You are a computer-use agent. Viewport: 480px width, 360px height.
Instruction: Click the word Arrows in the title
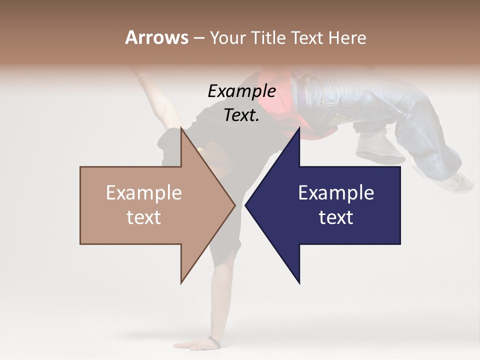click(156, 37)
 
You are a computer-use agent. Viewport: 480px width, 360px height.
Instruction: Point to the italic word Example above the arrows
click(241, 91)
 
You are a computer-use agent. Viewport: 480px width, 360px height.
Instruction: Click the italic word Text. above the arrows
click(241, 115)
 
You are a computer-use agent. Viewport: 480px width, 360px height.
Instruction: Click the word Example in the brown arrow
click(143, 193)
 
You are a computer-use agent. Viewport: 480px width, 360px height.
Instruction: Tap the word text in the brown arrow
click(143, 217)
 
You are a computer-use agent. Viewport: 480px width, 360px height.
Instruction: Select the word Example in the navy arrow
click(336, 193)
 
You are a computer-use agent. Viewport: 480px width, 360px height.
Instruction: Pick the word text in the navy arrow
click(336, 217)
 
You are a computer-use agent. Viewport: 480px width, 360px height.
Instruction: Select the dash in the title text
click(198, 38)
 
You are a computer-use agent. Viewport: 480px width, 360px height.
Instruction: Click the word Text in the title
click(306, 38)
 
